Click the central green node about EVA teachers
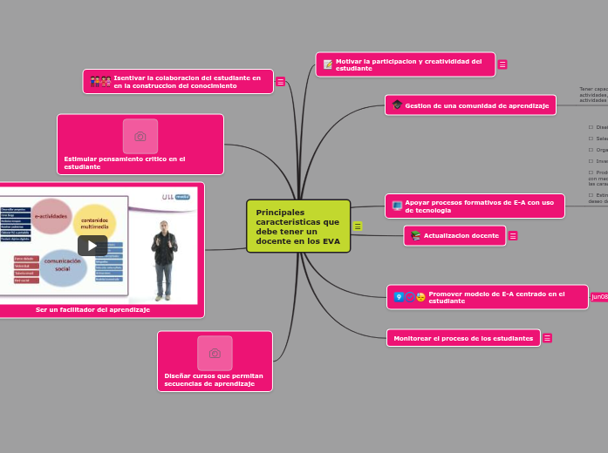297,226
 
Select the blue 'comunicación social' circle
63,266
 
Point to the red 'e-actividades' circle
51,216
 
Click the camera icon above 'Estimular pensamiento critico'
140,136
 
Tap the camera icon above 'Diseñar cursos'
215,353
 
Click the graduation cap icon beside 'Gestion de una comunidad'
397,105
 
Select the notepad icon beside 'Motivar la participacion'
328,64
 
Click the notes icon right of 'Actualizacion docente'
513,236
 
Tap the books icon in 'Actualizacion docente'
415,236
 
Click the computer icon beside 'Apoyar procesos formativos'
397,206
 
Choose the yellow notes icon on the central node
358,226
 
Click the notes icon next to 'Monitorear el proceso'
547,338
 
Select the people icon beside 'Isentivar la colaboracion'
100,82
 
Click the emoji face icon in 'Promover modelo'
421,297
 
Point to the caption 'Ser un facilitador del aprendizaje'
92,309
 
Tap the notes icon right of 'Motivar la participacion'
502,64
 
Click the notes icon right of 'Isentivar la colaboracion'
280,82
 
